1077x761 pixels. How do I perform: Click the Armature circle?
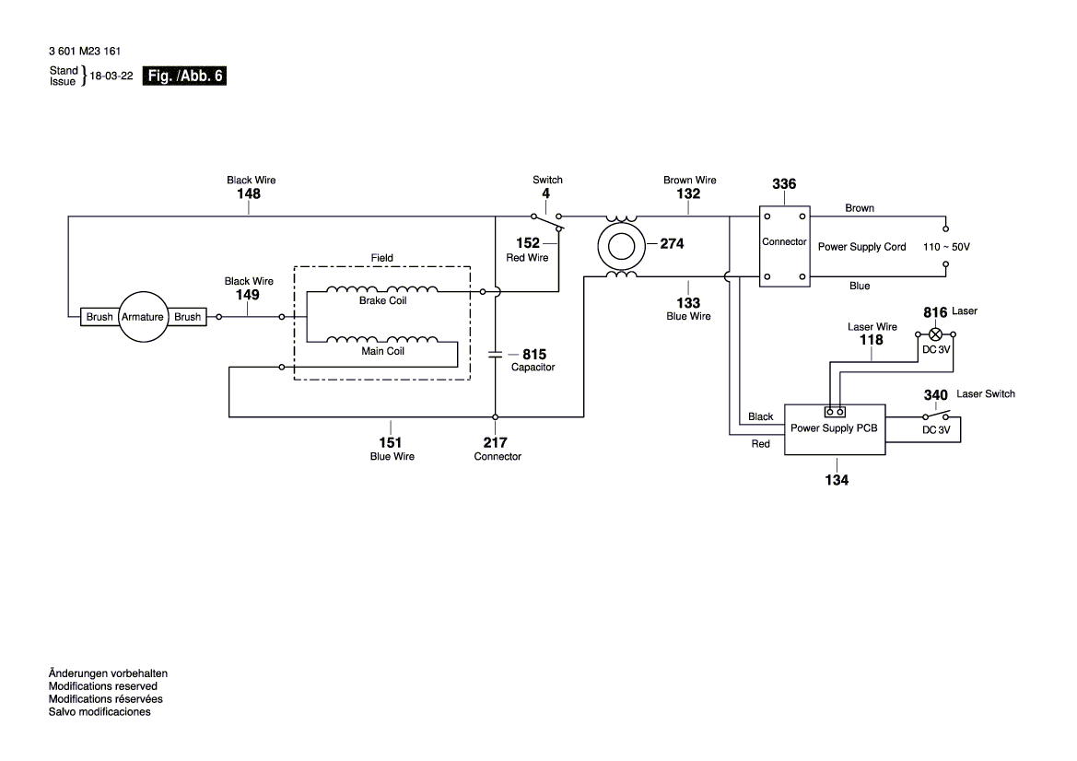pos(144,317)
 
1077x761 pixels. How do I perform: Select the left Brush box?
pos(100,317)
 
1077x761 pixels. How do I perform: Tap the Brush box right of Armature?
pos(187,317)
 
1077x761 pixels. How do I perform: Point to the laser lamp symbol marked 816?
pos(937,334)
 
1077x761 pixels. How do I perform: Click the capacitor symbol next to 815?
pos(496,354)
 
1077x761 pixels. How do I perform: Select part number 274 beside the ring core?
pos(672,244)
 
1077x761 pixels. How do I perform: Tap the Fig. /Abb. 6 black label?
pos(185,76)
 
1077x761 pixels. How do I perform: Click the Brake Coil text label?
pos(383,300)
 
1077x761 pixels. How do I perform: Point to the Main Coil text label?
pos(382,351)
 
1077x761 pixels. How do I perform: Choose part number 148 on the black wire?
pos(248,194)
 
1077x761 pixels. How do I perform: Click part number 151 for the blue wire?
pos(392,442)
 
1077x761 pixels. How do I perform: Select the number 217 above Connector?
pos(496,442)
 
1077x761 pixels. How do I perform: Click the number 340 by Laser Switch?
pos(935,395)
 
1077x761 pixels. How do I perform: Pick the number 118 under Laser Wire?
pos(871,340)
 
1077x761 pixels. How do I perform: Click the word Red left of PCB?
pos(760,444)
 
